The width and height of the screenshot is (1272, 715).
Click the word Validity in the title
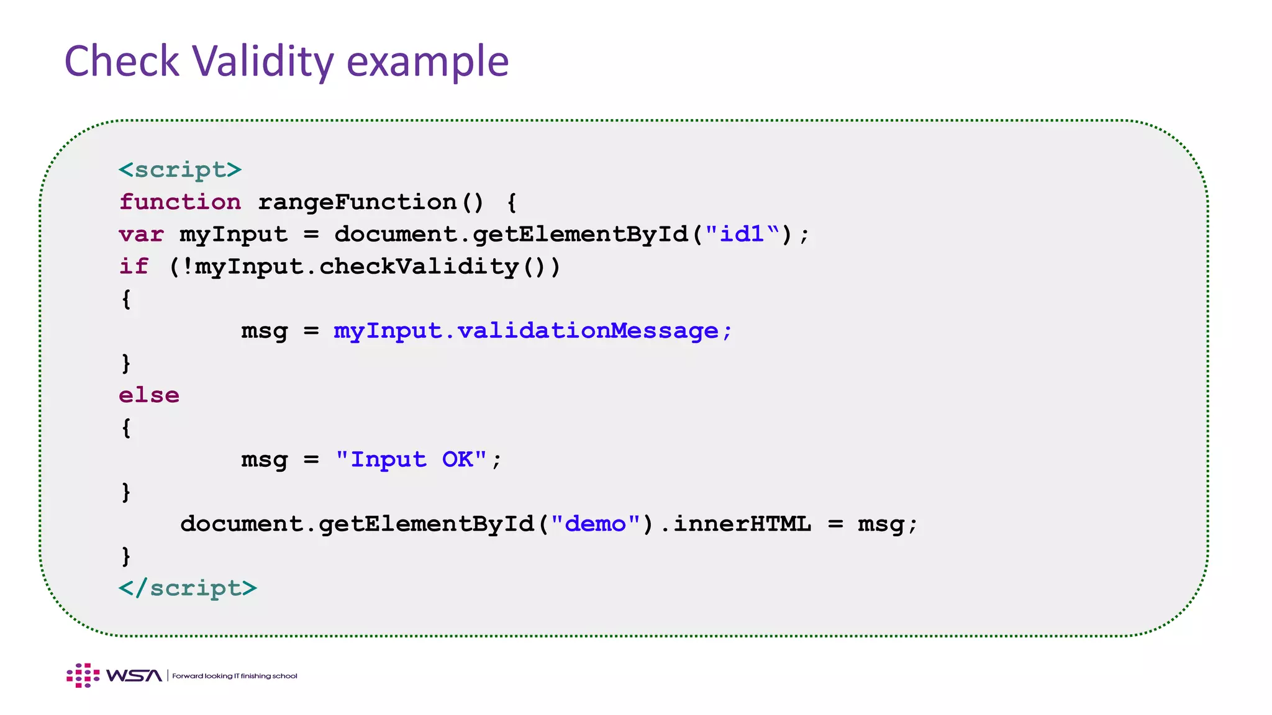tap(263, 61)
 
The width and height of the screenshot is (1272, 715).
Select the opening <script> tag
tap(180, 169)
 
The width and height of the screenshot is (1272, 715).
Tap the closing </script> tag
tap(188, 588)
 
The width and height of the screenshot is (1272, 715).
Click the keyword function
tap(180, 202)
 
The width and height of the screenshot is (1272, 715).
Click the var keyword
tap(142, 234)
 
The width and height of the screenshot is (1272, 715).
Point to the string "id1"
tap(742, 234)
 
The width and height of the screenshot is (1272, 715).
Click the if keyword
tap(134, 266)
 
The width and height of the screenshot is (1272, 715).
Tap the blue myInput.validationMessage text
tap(533, 331)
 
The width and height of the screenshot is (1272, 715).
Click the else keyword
tap(149, 395)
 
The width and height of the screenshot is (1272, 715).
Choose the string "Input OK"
tap(411, 459)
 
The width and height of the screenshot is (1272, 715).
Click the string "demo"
tap(596, 524)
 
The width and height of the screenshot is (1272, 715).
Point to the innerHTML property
tap(742, 524)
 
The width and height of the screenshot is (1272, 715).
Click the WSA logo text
tap(134, 675)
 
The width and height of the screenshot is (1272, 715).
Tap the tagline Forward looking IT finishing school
tap(235, 676)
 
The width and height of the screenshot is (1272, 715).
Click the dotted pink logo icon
tap(83, 675)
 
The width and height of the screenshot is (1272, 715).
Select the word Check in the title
tap(122, 61)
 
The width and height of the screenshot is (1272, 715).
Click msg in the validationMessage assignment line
tap(265, 331)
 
